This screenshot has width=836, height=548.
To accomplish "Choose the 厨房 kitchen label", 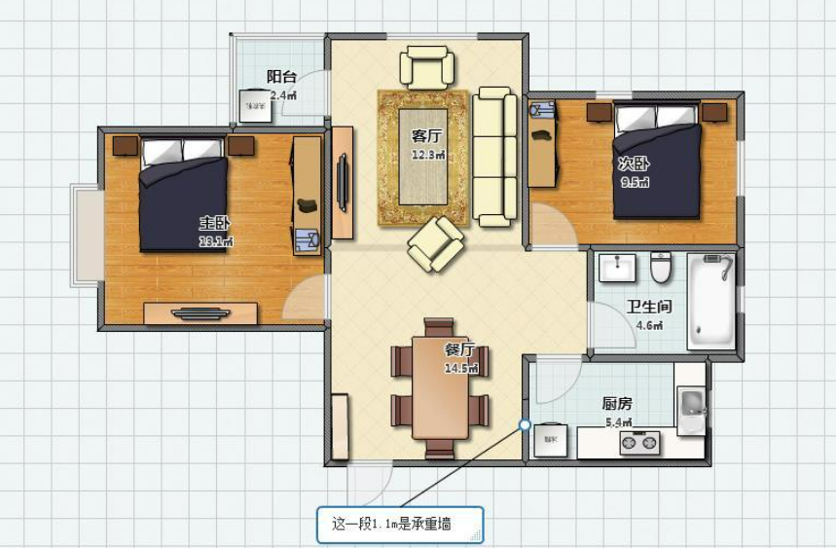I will click(x=618, y=403).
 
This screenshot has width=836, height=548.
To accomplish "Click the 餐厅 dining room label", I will click(x=460, y=349).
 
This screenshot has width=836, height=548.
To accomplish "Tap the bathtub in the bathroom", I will click(x=711, y=301).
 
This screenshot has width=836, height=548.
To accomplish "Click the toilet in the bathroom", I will click(x=662, y=265).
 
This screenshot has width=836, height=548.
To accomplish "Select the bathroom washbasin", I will click(x=617, y=266).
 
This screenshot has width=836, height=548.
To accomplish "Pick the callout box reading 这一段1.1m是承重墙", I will click(x=399, y=525).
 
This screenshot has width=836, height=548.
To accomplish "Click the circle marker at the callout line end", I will click(x=525, y=424).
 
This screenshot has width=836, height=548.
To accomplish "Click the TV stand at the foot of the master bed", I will click(x=200, y=312).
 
